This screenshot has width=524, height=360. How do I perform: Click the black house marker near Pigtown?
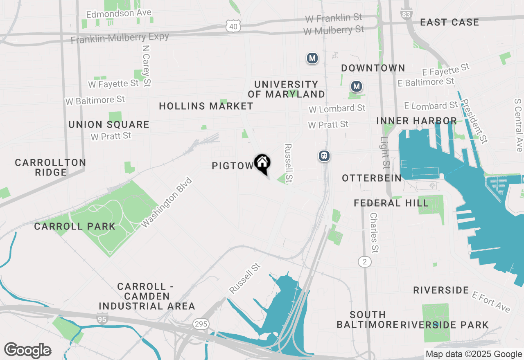click(x=262, y=163)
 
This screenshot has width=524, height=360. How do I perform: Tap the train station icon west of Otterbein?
click(x=325, y=156)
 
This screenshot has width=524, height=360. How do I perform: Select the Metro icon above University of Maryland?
click(x=312, y=59)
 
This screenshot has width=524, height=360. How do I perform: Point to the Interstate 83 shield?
click(x=406, y=13)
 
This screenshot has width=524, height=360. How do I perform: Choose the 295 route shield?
click(x=201, y=324)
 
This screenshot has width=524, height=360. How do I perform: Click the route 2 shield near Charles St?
click(x=364, y=261)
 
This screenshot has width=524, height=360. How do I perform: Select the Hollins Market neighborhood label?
click(x=206, y=106)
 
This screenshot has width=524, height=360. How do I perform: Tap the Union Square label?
click(x=108, y=124)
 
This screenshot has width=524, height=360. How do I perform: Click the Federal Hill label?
click(x=391, y=203)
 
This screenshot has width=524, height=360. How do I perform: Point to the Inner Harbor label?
click(x=416, y=121)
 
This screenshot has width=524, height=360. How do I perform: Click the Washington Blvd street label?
click(x=167, y=202)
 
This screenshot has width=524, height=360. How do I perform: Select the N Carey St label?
click(x=146, y=65)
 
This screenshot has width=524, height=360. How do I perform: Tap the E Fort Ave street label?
click(x=491, y=302)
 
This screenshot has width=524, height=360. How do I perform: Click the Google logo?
click(x=28, y=350)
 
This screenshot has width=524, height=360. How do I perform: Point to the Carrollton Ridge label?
click(x=50, y=167)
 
